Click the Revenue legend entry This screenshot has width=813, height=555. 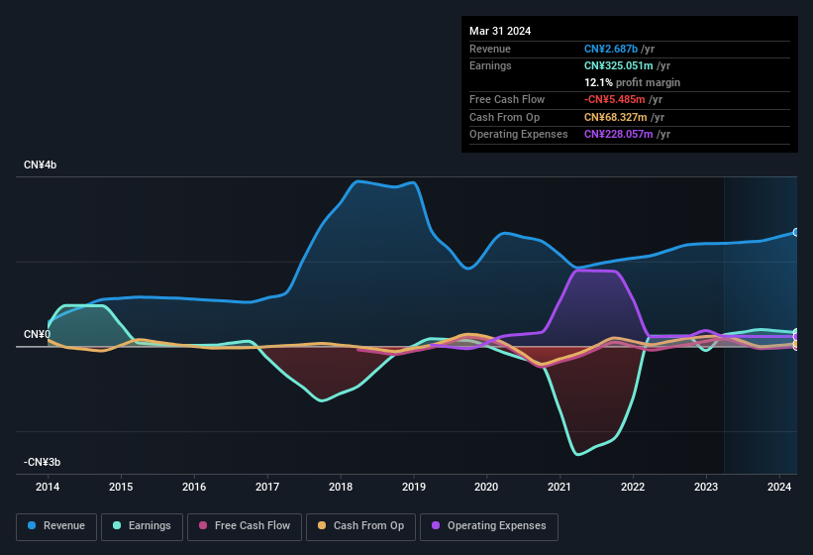pos(56,526)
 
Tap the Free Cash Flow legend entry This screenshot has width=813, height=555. pos(245,526)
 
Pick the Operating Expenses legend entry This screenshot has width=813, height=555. pos(489,526)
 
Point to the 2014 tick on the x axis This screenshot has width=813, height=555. pos(48,487)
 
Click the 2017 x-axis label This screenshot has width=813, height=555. pos(267,487)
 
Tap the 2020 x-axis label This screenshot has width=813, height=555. pos(486,487)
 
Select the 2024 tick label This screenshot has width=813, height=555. pos(779,487)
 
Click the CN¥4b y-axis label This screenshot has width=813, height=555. pos(41,165)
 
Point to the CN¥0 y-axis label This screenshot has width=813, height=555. pos(37,334)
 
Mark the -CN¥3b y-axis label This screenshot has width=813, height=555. pos(44,462)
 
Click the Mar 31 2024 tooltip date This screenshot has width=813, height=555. pos(500,31)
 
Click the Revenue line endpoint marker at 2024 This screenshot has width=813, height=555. pos(796,232)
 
